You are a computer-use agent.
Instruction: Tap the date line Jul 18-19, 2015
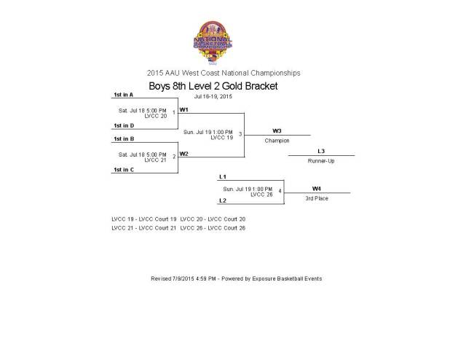click(x=213, y=96)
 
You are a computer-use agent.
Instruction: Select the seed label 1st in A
click(x=123, y=95)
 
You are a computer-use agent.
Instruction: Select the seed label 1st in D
click(x=123, y=125)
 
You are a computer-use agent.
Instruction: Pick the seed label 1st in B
click(x=123, y=138)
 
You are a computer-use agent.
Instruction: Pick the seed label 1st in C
click(x=123, y=169)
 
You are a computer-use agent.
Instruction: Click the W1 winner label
click(x=184, y=109)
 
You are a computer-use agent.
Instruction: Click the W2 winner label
click(x=184, y=153)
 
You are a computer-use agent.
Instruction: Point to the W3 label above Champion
click(x=277, y=131)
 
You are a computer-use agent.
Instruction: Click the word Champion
click(x=277, y=140)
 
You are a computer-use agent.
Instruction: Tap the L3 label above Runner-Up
click(x=321, y=151)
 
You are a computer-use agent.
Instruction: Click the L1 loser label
click(x=223, y=177)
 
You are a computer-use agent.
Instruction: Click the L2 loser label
click(x=223, y=200)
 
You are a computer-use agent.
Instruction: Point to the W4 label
click(x=317, y=188)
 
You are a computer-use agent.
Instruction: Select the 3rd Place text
click(x=317, y=197)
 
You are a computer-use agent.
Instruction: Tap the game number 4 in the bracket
click(x=280, y=191)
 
